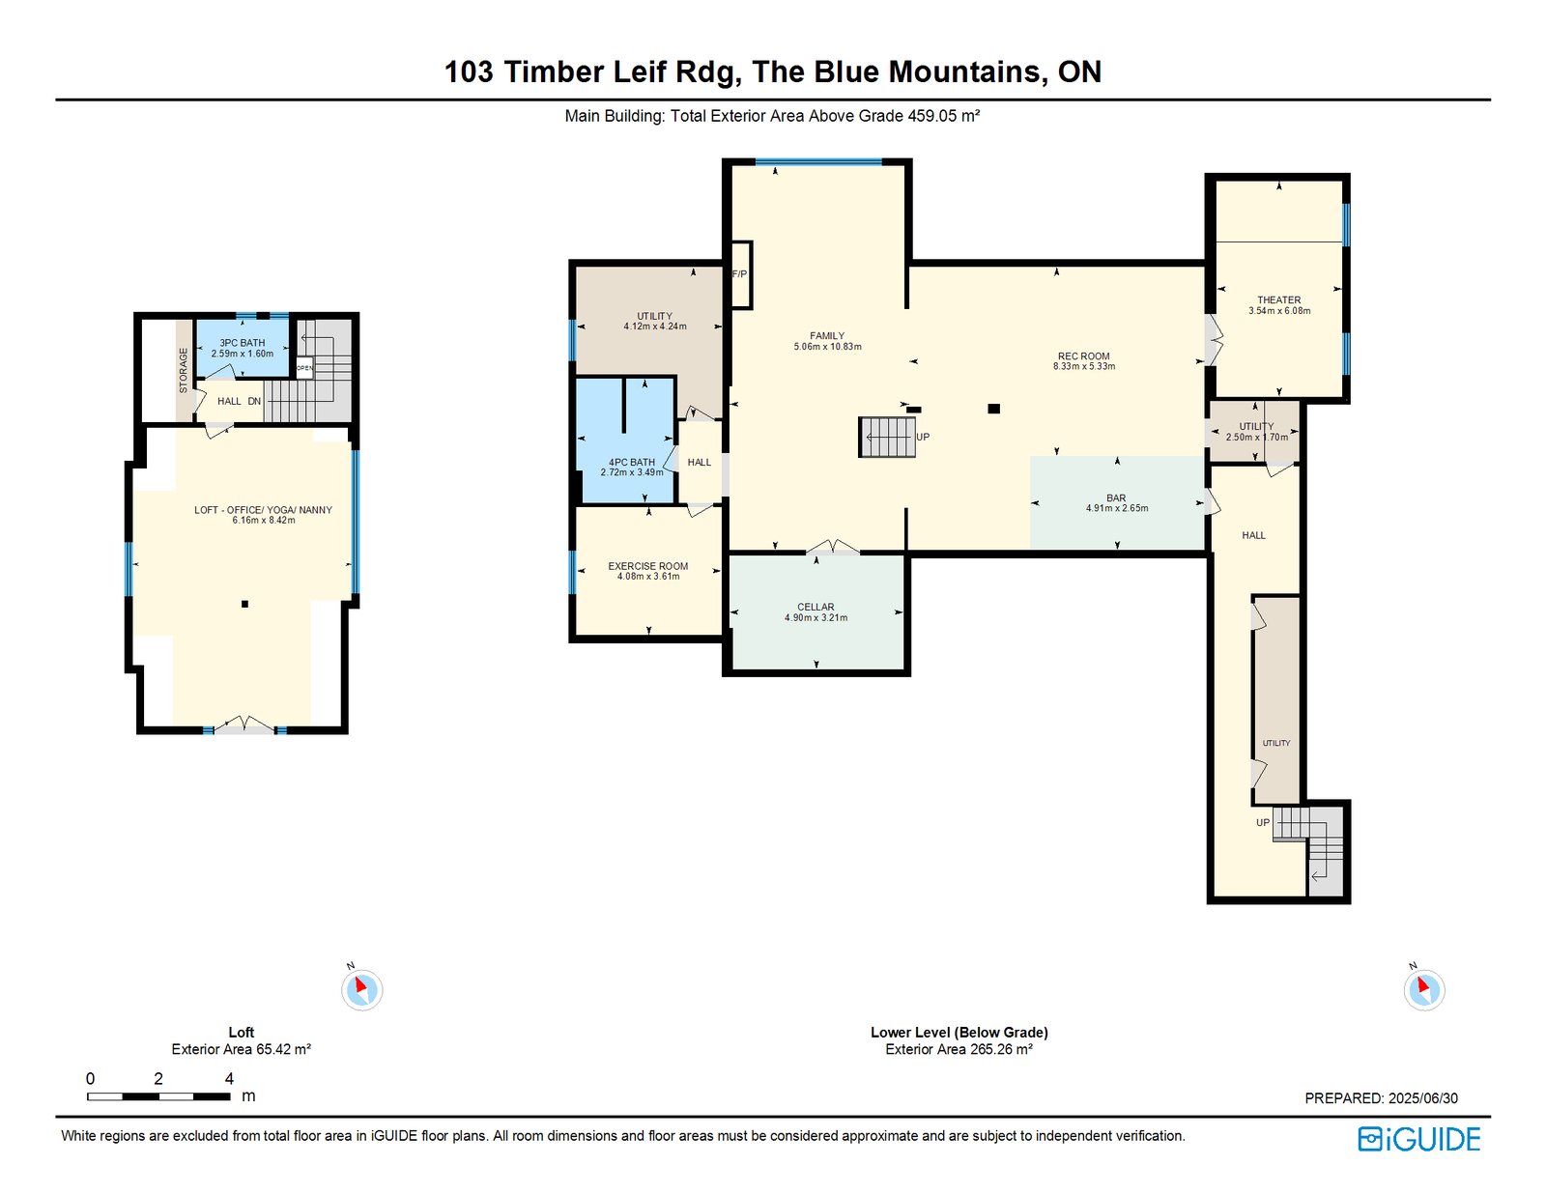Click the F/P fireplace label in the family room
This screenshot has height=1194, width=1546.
(739, 273)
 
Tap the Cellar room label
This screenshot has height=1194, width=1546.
(816, 607)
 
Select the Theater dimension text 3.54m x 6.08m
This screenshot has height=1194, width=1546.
(1279, 311)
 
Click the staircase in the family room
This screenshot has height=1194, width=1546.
(887, 437)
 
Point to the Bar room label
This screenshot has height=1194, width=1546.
(1116, 497)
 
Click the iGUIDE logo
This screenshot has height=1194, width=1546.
(1418, 1139)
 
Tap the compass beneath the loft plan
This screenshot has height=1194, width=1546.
(361, 988)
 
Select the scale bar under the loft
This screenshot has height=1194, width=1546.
(158, 1096)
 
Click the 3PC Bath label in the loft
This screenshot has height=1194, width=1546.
(242, 343)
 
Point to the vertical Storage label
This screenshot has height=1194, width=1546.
(183, 371)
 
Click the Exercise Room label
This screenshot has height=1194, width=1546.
(648, 566)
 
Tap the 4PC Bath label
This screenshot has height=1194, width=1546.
(632, 462)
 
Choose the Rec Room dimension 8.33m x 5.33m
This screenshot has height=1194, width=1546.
(1084, 366)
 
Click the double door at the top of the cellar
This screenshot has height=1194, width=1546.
(832, 547)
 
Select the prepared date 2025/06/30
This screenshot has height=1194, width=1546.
(1423, 1098)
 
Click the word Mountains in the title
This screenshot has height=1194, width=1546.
(968, 71)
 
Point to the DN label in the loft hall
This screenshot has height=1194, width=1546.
(254, 401)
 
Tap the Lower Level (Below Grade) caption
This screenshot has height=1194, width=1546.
(959, 1032)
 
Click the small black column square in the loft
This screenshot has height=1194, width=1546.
(244, 604)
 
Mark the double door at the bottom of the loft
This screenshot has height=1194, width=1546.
(244, 725)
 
